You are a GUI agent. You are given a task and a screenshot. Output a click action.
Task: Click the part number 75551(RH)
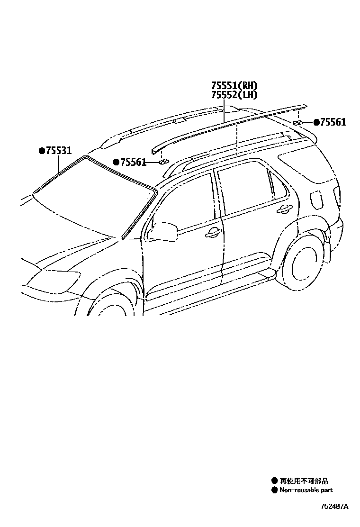click(234, 86)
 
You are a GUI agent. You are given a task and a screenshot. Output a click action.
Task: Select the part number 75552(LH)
click(234, 95)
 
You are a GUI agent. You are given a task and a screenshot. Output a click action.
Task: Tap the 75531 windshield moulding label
click(58, 151)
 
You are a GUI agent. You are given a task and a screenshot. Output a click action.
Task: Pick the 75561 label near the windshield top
click(133, 162)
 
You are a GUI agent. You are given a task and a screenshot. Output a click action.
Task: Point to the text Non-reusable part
click(306, 490)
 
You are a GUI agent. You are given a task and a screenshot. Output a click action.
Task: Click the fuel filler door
click(316, 200)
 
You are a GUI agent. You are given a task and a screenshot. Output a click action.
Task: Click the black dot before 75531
click(42, 151)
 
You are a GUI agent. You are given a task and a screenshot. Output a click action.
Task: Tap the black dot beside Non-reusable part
click(274, 490)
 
